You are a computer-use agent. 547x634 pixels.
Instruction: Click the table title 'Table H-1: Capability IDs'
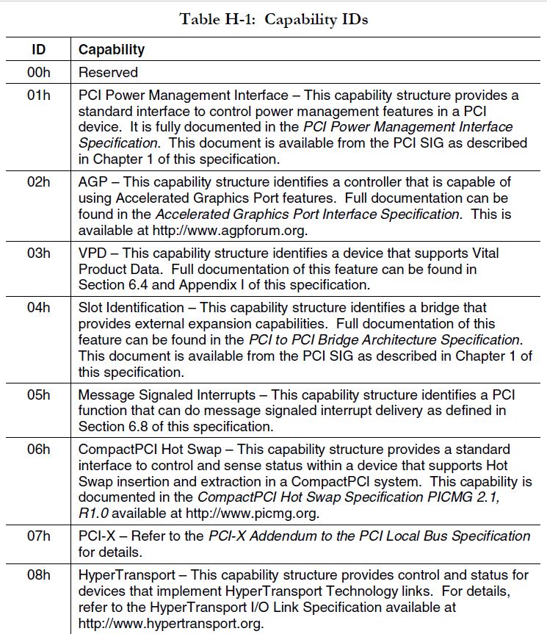273,19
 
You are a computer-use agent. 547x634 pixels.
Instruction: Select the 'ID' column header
39,50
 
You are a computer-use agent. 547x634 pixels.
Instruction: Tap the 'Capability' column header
112,50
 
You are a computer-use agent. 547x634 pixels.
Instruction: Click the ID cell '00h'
39,72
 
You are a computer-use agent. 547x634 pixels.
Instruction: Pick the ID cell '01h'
39,95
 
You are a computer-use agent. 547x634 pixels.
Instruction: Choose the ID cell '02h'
39,181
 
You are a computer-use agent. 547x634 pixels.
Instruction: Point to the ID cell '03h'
39,253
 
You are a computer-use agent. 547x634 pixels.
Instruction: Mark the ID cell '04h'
39,307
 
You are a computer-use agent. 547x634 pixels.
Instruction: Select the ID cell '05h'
39,395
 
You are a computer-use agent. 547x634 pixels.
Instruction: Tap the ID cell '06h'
39,449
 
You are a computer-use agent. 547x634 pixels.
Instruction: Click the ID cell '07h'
39,536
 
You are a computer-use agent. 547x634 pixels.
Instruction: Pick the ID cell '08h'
39,574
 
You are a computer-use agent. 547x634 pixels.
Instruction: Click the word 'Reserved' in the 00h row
108,72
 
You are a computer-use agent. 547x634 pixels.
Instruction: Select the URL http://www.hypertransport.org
170,624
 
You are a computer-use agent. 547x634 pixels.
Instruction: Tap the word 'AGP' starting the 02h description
93,181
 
